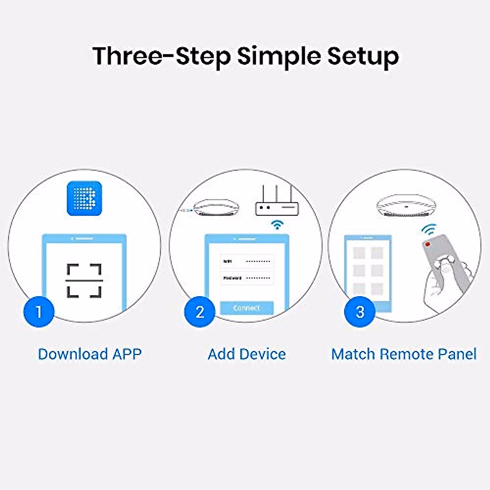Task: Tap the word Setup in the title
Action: tap(363, 57)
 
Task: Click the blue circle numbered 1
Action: tap(38, 312)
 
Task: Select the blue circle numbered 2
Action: tap(200, 312)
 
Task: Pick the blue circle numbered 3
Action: tap(360, 312)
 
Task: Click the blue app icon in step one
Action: tap(84, 198)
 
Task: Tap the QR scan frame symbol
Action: tap(84, 281)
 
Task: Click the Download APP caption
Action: tap(89, 354)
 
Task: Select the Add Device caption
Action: tap(247, 354)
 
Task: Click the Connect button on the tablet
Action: tap(247, 308)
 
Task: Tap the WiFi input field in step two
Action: tap(247, 261)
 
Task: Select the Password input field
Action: tap(247, 278)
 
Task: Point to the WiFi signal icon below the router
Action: tap(278, 224)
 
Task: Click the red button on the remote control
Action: tap(428, 244)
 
